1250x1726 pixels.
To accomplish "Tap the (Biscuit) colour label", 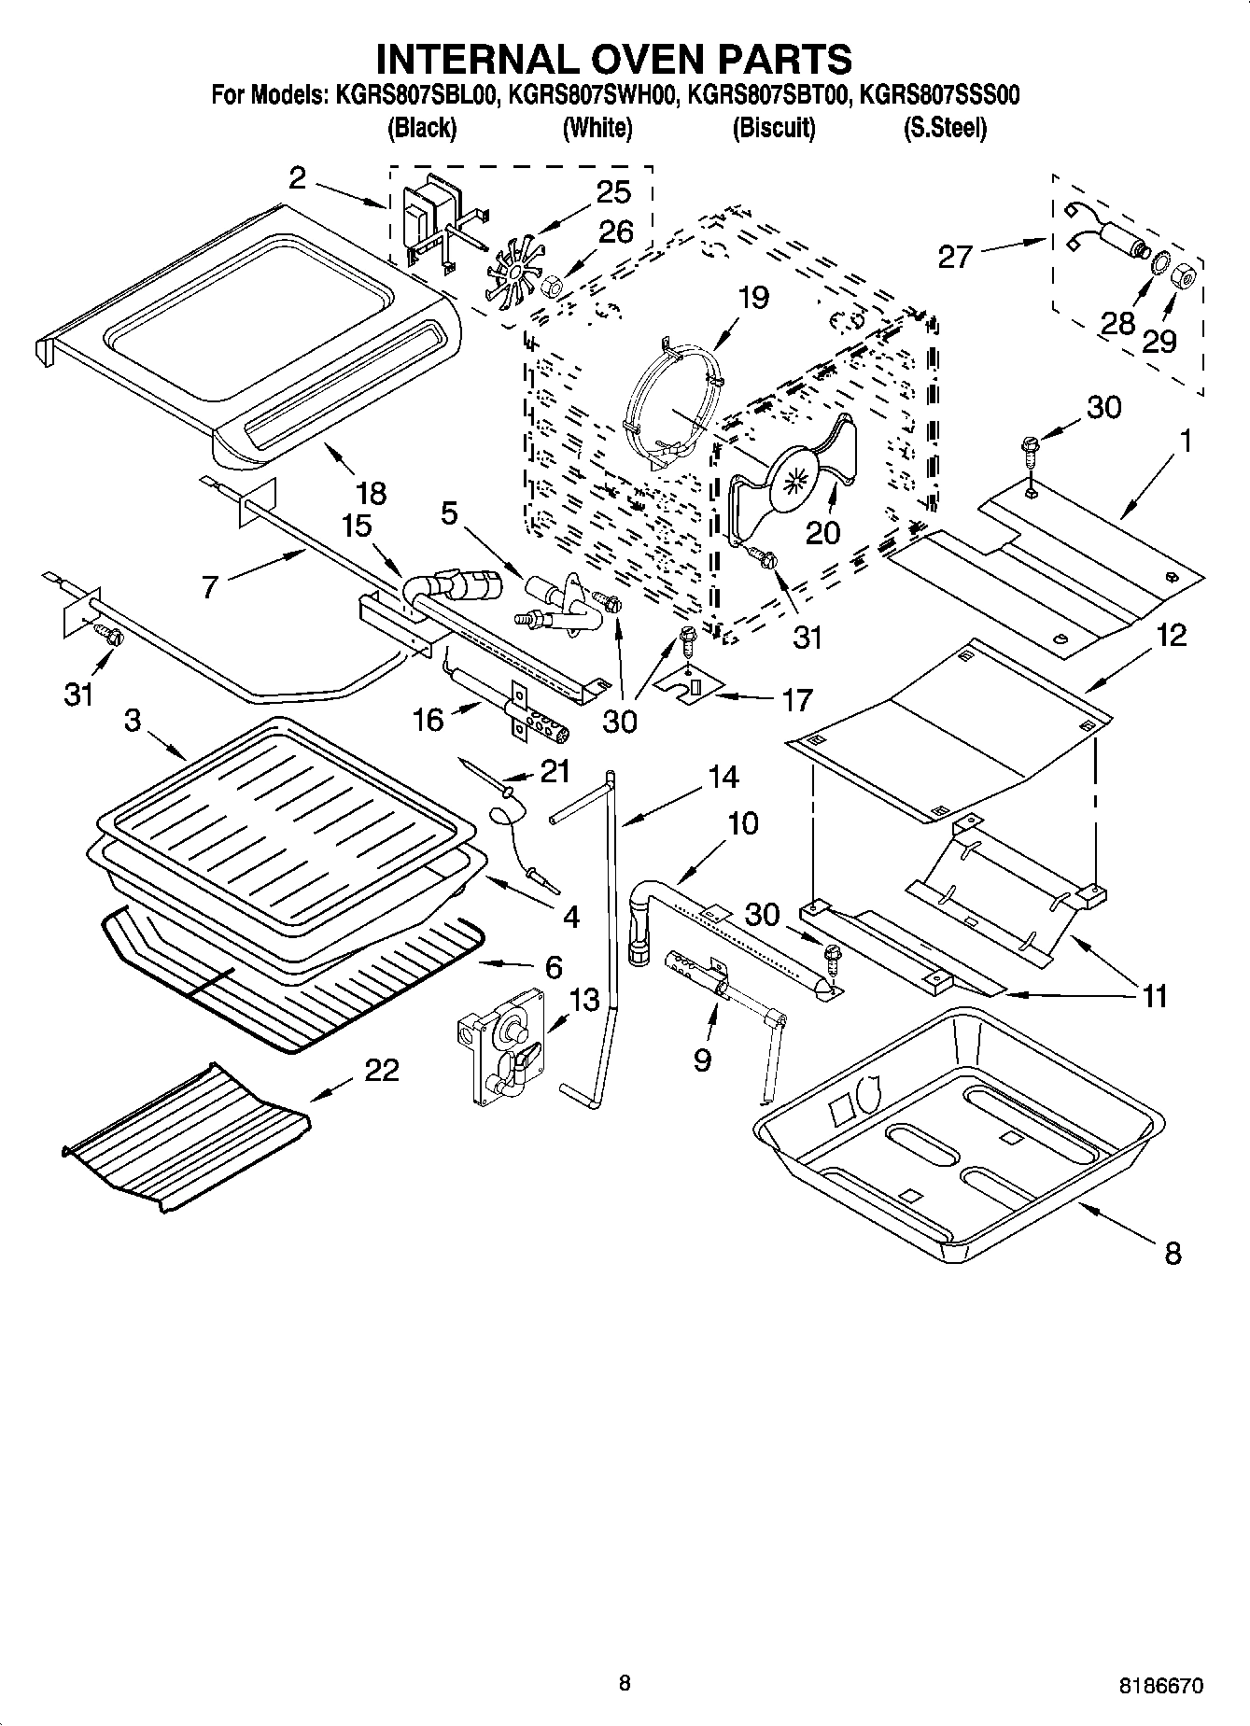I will pyautogui.click(x=773, y=128).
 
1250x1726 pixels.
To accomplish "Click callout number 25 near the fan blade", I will pyautogui.click(x=613, y=191).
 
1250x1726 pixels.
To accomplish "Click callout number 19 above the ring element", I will pyautogui.click(x=752, y=298).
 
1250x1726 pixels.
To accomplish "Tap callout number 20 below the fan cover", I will pyautogui.click(x=822, y=532).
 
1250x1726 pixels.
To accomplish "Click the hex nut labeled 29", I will pyautogui.click(x=1183, y=277).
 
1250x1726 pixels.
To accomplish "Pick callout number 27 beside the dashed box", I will pyautogui.click(x=955, y=256).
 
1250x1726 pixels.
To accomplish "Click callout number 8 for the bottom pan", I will pyautogui.click(x=1173, y=1253).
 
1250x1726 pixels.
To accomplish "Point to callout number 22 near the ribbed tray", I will pyautogui.click(x=381, y=1070).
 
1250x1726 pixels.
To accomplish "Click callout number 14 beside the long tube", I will pyautogui.click(x=722, y=777).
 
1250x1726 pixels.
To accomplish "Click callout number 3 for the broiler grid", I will pyautogui.click(x=133, y=721).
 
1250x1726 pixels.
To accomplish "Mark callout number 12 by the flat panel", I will pyautogui.click(x=1172, y=636).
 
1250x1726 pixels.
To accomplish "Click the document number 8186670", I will pyautogui.click(x=1161, y=1686).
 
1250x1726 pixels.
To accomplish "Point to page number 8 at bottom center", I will pyautogui.click(x=624, y=1683).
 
